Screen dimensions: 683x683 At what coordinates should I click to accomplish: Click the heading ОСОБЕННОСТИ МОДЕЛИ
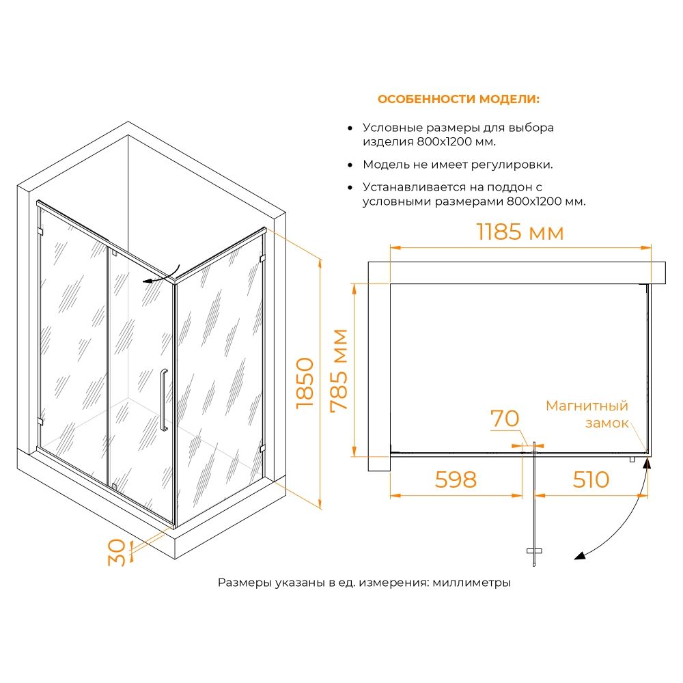[458, 99]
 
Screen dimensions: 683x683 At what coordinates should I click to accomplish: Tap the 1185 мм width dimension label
[520, 232]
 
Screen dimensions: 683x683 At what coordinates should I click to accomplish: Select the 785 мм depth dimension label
[339, 370]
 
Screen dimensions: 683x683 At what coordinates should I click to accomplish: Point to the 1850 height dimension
[305, 383]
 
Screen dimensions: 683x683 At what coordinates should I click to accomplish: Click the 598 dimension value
[456, 479]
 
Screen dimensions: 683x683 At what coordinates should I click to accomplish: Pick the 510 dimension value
[591, 479]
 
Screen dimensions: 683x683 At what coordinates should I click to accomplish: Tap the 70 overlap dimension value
[505, 419]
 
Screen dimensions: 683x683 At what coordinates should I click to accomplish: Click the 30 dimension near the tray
[117, 553]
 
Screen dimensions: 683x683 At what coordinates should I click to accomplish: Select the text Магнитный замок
[587, 415]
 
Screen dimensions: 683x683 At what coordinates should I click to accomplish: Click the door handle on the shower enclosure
[164, 400]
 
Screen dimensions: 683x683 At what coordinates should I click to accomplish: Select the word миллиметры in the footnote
[472, 583]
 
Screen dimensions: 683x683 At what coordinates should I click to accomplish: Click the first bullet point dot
[350, 128]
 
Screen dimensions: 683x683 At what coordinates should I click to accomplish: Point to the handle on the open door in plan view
[534, 551]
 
